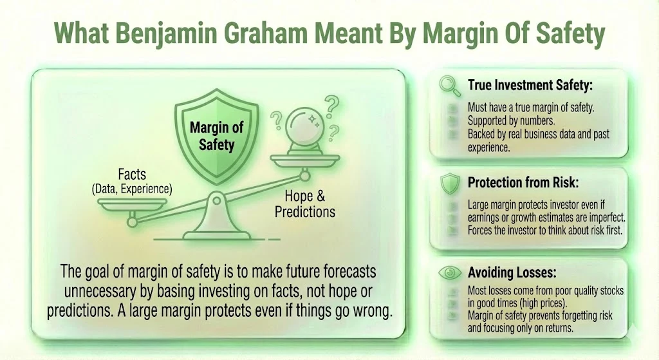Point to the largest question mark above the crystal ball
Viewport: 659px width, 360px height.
[x=332, y=104]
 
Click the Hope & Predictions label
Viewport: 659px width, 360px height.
[x=305, y=204]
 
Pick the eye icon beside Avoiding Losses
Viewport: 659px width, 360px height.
[x=448, y=273]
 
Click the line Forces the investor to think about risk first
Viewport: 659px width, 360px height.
[x=544, y=230]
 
